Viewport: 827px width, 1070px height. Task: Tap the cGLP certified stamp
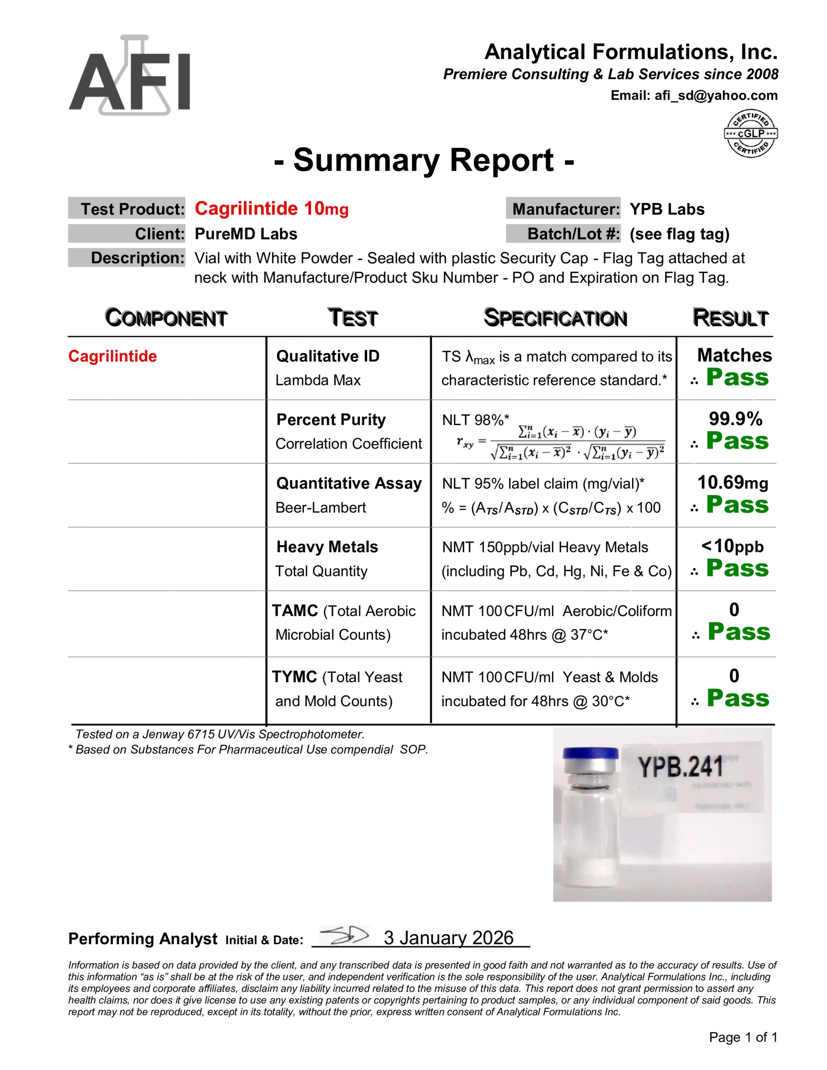pos(750,133)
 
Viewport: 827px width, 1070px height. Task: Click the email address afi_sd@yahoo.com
pos(716,96)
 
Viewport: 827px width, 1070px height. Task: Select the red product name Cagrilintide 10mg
pos(272,209)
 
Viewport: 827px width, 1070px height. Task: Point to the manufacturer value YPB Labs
pos(667,209)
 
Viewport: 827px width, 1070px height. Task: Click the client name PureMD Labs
pos(245,234)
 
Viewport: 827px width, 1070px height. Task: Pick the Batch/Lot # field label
pos(573,234)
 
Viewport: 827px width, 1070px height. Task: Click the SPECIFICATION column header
pos(555,318)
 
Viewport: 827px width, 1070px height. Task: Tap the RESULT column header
pos(730,318)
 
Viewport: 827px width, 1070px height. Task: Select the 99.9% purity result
pos(735,419)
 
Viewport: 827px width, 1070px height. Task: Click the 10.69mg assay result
pos(733,483)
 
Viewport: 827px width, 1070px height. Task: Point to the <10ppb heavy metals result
pos(732,546)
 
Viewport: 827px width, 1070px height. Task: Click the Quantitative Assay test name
pos(349,484)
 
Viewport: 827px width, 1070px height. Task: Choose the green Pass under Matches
pos(737,378)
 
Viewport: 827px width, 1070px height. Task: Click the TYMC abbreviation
pos(294,677)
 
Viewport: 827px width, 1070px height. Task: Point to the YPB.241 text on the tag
pos(680,768)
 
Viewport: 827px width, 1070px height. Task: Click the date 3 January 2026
pos(448,938)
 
